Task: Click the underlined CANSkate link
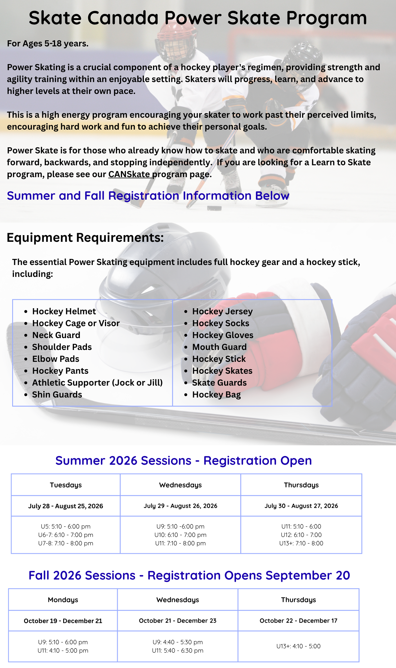(x=129, y=174)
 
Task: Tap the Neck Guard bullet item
(x=56, y=335)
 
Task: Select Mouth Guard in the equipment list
(x=219, y=347)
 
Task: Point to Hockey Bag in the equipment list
(x=217, y=395)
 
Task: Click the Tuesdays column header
(x=66, y=485)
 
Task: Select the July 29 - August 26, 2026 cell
(x=180, y=506)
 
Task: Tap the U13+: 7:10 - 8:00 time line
(x=301, y=543)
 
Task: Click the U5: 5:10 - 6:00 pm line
(x=66, y=527)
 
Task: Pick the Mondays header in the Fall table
(x=63, y=600)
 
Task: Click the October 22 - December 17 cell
(x=298, y=621)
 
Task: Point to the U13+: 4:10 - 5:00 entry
(x=298, y=646)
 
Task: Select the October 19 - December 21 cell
(x=63, y=621)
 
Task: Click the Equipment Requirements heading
(x=85, y=238)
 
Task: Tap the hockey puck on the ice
(x=215, y=208)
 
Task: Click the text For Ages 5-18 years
(x=48, y=43)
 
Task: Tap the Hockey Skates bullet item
(x=222, y=371)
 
